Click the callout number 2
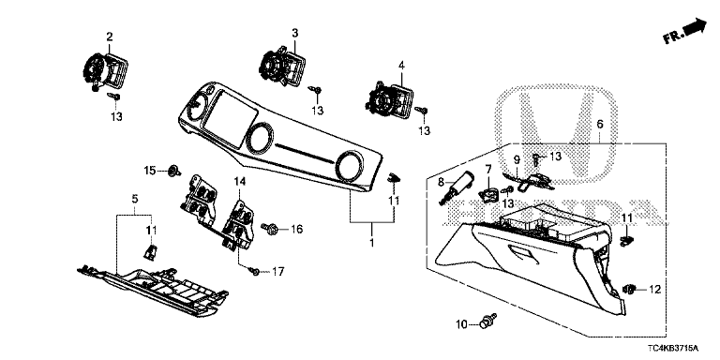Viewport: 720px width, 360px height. (110, 37)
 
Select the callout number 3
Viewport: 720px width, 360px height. (294, 33)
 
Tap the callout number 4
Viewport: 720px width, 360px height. (401, 66)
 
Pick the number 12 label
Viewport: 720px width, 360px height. (654, 290)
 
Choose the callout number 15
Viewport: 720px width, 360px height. (150, 171)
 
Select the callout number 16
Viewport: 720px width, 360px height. (297, 229)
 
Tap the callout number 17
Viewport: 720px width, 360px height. (277, 272)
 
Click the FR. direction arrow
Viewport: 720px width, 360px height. (684, 31)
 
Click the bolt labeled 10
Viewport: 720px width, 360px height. (488, 320)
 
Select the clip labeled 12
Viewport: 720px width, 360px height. (630, 289)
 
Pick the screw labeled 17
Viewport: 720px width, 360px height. (254, 271)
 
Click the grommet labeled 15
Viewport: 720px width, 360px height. (174, 171)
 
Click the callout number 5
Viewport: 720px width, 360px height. (135, 199)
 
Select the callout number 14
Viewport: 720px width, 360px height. (240, 182)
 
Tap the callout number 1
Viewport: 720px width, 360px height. (371, 242)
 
